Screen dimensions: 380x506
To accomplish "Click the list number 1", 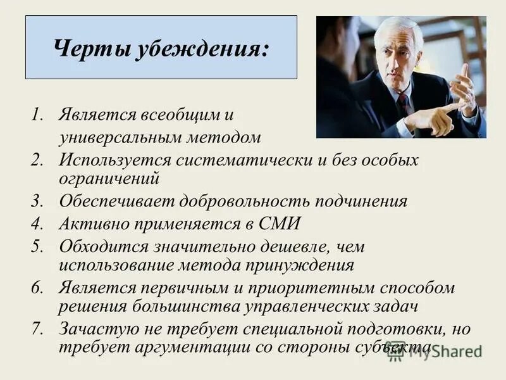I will pos(37,116).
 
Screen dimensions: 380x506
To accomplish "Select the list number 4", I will pos(37,224).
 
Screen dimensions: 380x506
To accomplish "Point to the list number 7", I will pos(37,329).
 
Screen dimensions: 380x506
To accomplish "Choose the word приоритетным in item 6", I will pos(320,287).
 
